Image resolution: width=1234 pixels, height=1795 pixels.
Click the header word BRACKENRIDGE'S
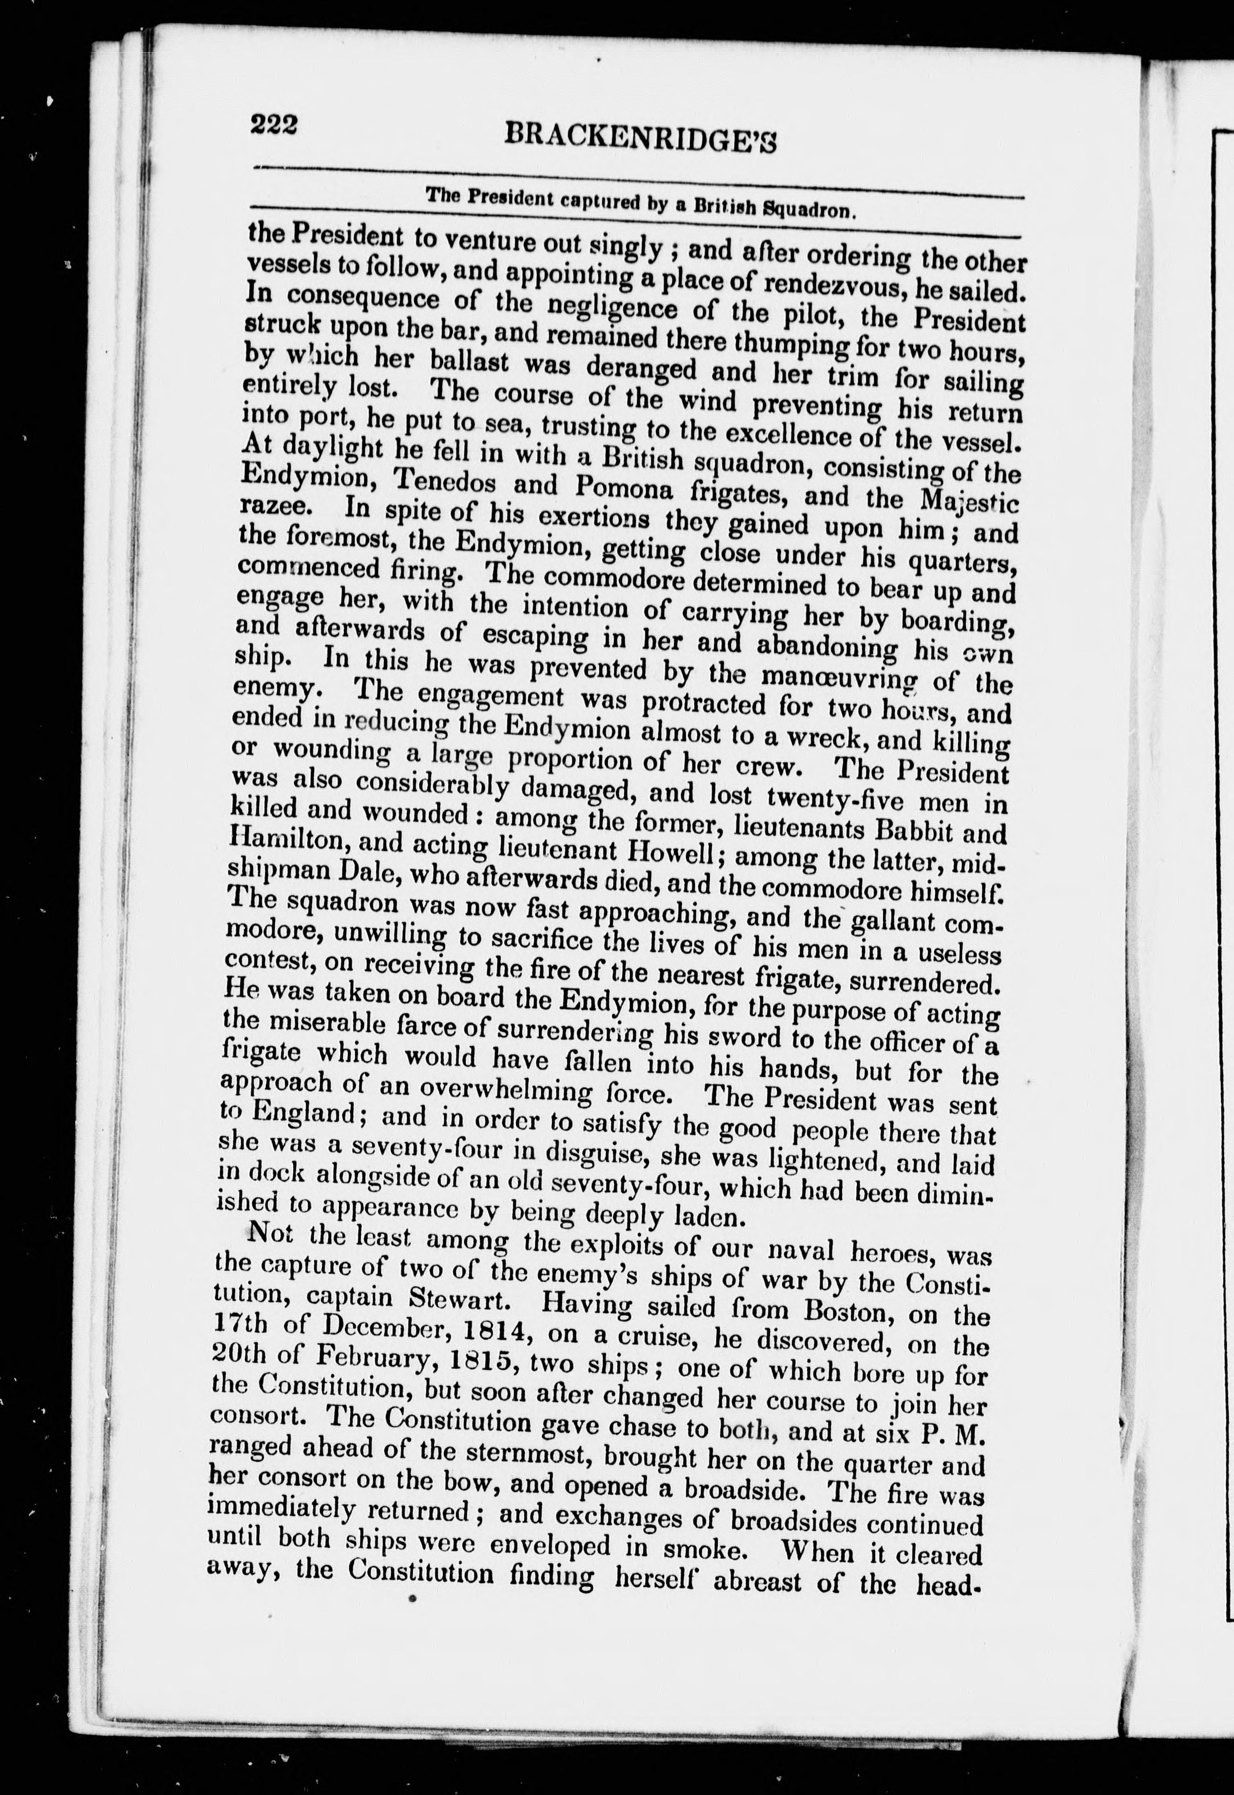point(640,137)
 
